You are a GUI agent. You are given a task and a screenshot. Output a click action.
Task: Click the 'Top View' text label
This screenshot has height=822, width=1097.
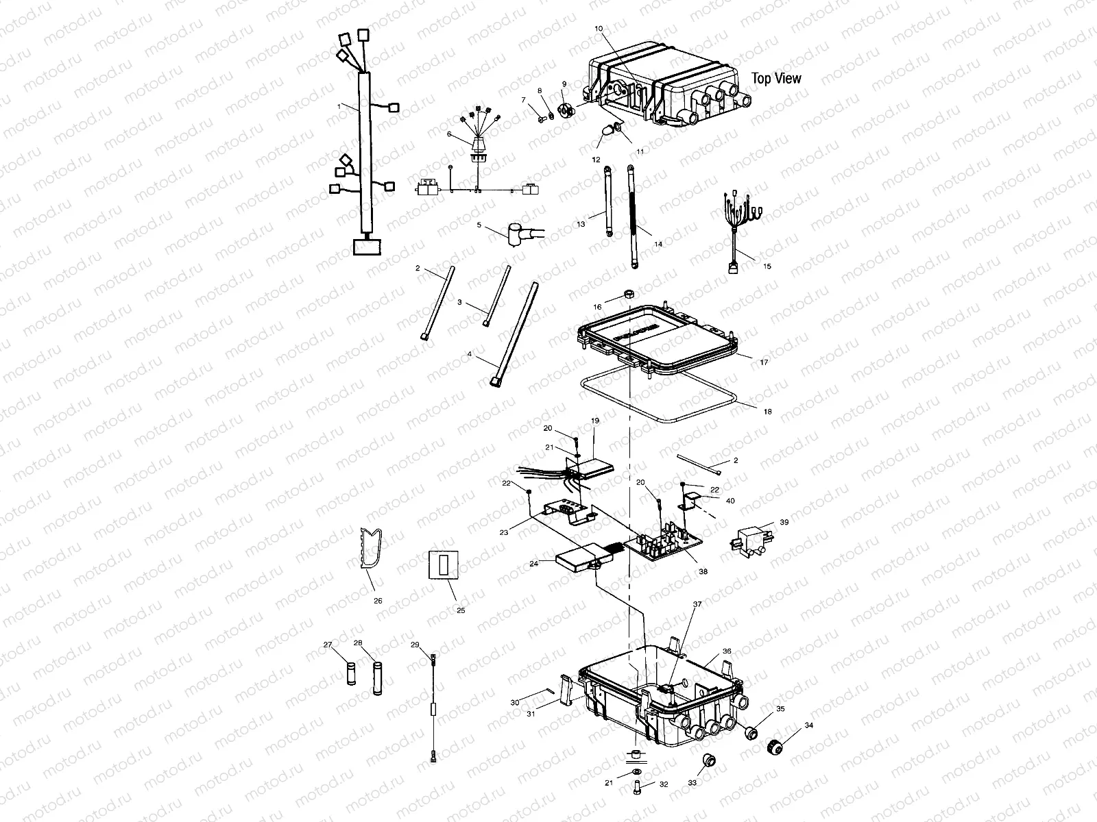(x=776, y=79)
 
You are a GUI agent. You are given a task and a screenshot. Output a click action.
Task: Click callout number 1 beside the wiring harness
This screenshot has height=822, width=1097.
(x=339, y=106)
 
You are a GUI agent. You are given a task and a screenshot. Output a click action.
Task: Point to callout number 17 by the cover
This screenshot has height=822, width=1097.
(x=765, y=361)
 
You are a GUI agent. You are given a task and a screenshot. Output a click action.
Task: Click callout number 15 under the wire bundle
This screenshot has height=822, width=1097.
(x=767, y=266)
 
